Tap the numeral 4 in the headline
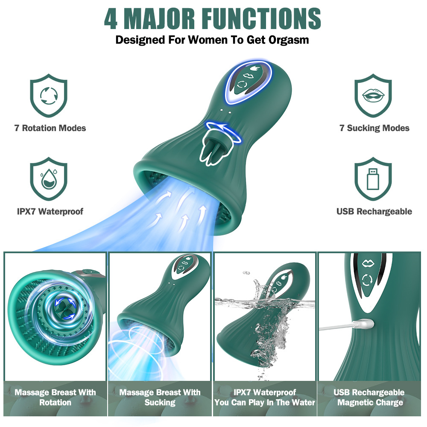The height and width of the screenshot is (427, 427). click(x=111, y=18)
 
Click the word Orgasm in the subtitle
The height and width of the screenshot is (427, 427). click(x=289, y=40)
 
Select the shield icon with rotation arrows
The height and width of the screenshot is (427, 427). click(x=49, y=96)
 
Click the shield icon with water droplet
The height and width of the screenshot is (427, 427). click(x=49, y=179)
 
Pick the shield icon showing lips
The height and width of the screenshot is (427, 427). click(x=373, y=96)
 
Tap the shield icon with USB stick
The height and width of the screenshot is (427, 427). click(x=373, y=179)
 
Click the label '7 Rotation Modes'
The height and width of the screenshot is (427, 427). click(x=50, y=128)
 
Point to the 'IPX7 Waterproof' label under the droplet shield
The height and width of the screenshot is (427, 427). click(x=50, y=211)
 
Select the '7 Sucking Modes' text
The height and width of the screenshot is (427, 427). click(x=374, y=128)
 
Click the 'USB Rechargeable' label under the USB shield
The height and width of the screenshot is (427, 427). click(x=374, y=211)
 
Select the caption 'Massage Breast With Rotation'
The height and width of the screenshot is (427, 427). click(x=55, y=397)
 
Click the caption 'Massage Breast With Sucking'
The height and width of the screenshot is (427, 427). click(x=160, y=397)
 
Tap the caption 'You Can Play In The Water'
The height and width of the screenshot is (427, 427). click(x=265, y=403)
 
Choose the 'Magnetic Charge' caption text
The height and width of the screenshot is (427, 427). click(x=370, y=403)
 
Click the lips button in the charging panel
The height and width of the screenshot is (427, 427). click(x=368, y=263)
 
